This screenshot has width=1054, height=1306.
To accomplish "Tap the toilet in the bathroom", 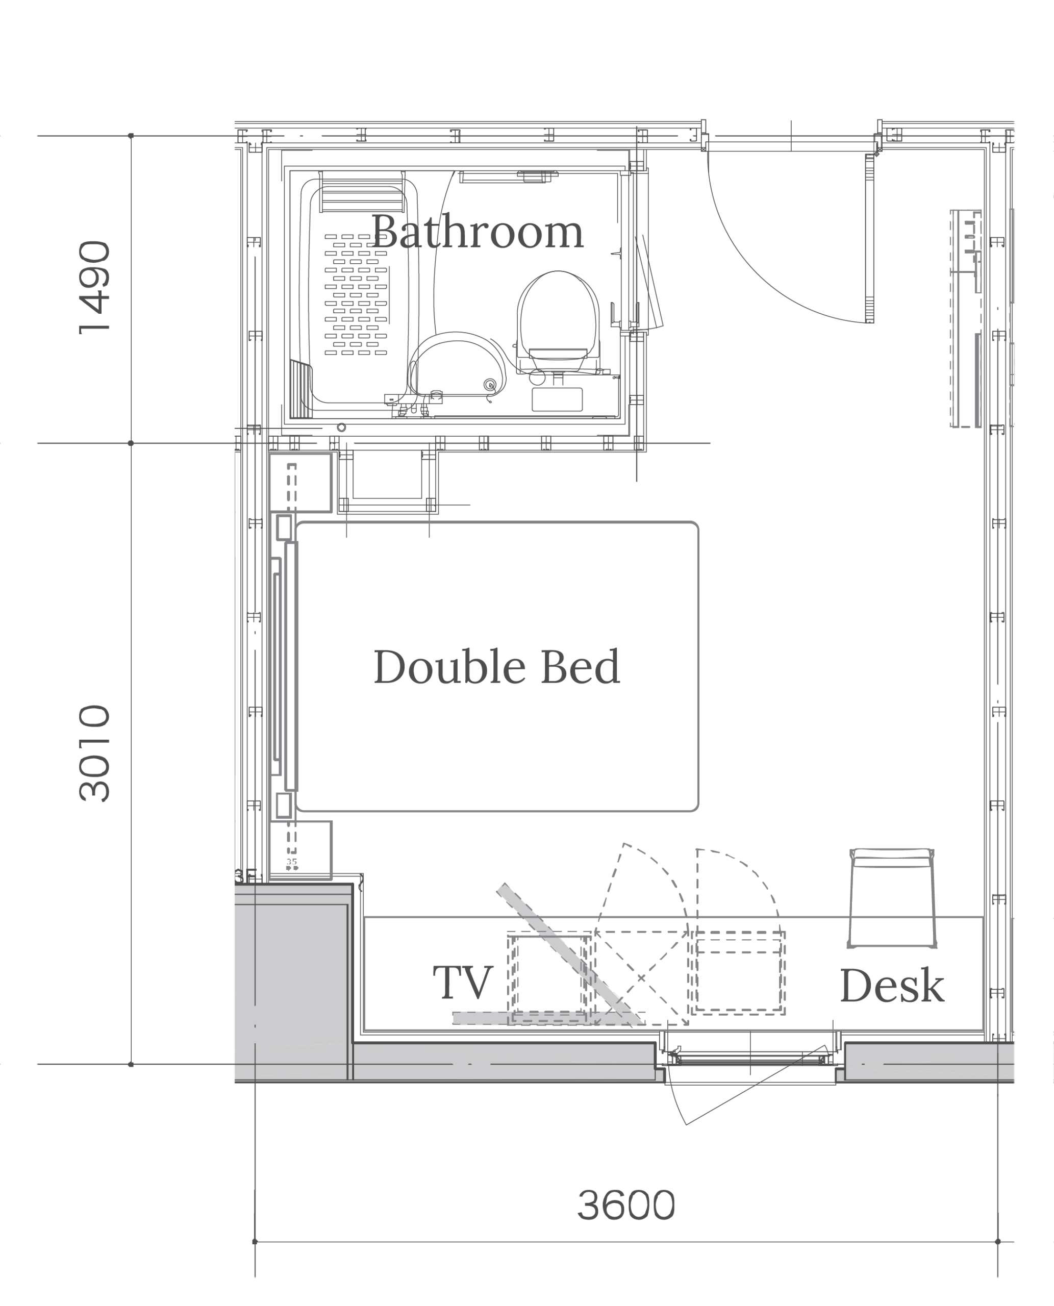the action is tap(558, 325).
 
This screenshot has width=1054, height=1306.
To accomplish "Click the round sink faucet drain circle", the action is tap(490, 384).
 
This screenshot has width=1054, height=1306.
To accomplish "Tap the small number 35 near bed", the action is tap(291, 862).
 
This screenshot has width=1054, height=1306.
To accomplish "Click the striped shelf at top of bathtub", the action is tap(362, 191).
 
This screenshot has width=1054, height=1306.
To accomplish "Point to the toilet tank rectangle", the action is tap(557, 399).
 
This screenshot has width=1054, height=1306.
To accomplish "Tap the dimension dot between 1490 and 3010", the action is tap(131, 443).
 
